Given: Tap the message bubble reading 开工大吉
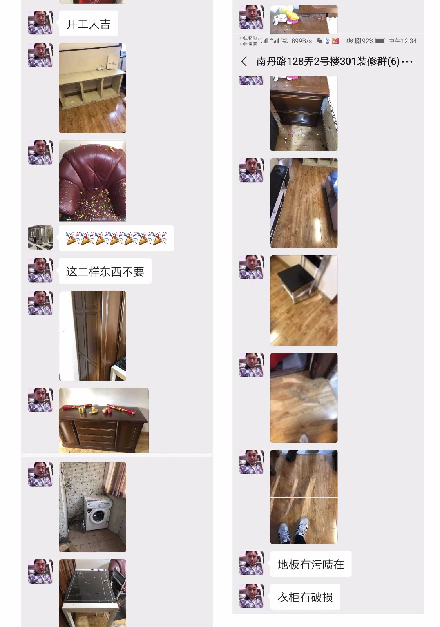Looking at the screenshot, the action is pos(89,24).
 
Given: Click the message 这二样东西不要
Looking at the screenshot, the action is pos(105,271).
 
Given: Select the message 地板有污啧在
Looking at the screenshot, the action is pos(311,564).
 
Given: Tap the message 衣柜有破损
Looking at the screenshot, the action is pos(305,597).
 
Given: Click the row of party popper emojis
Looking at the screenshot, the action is pos(116,238).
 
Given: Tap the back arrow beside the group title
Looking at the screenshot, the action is pos(244,61).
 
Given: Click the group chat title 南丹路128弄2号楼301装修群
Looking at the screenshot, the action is pos(328,61).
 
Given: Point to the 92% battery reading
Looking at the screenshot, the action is pos(368,41).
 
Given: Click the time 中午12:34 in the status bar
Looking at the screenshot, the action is pos(402,41).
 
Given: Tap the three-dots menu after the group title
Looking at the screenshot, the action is pos(407,62).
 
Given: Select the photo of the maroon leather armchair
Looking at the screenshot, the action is pos(92,181).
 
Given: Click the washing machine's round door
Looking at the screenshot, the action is pos(98,516).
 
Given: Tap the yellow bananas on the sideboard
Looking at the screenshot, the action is pos(92,410).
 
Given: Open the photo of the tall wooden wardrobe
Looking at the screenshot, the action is pos(92,336).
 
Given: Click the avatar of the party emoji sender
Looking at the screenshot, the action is pos(40,237).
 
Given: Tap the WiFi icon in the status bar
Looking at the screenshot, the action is pos(284,41).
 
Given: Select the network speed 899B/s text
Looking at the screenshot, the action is pos(302,41).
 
